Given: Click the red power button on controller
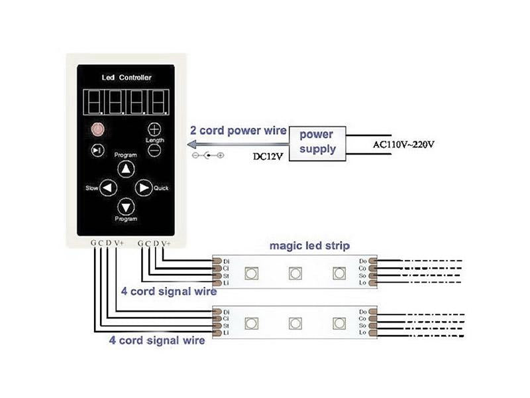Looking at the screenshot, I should (x=98, y=129).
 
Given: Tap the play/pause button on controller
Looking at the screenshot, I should (x=98, y=151).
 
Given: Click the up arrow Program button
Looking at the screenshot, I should (x=126, y=169).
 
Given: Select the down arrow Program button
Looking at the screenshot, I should (x=126, y=206).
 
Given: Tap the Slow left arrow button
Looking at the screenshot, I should (x=108, y=188).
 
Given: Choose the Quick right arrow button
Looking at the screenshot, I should (x=143, y=188).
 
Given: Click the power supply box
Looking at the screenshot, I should (x=318, y=141).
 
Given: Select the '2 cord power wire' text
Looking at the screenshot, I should (x=238, y=131).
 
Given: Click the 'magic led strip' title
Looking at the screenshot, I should (x=309, y=246).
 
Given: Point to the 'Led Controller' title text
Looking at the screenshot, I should (x=126, y=78).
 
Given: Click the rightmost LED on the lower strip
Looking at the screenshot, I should (x=339, y=323).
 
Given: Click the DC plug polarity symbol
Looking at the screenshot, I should (x=207, y=156).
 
